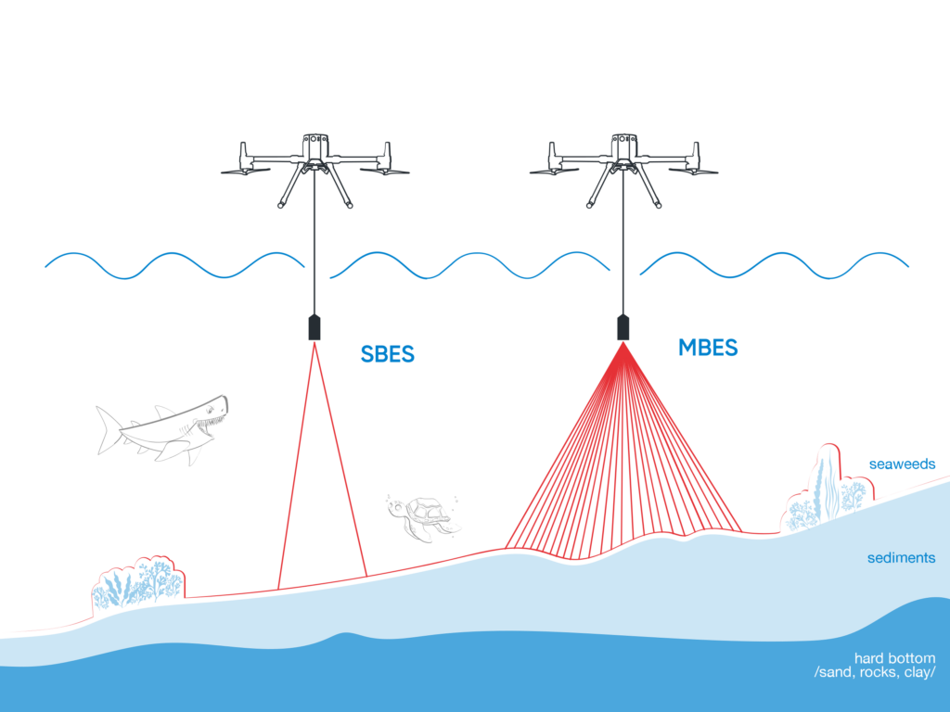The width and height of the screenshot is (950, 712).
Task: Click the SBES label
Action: click(x=387, y=354)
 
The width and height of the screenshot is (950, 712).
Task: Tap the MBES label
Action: click(x=708, y=348)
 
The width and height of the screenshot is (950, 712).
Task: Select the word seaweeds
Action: click(x=902, y=464)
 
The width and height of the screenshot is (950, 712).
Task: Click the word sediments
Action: click(x=901, y=557)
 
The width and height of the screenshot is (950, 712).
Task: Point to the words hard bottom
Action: click(x=895, y=658)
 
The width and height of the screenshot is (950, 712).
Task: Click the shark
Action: click(x=162, y=429)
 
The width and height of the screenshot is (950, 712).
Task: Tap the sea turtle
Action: click(x=424, y=517)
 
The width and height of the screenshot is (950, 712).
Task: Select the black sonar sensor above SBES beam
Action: click(x=315, y=327)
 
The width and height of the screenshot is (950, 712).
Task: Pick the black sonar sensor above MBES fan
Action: click(x=623, y=327)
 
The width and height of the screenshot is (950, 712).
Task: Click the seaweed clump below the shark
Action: click(x=138, y=583)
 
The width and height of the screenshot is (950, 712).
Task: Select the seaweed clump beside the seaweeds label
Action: click(x=828, y=491)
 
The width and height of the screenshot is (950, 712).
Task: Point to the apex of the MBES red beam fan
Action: click(x=623, y=343)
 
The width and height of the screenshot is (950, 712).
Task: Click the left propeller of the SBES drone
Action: click(x=245, y=171)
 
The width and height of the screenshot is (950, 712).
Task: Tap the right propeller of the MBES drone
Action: click(x=693, y=171)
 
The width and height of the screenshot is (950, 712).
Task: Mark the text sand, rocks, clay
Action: click(x=875, y=672)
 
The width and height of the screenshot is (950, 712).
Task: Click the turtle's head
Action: click(x=396, y=510)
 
